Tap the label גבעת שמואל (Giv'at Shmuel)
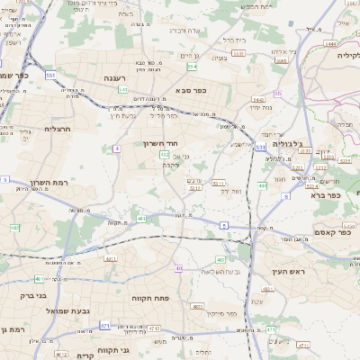click(66, 310)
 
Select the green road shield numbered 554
click(192, 66)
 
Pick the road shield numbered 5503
click(238, 54)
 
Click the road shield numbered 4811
click(112, 258)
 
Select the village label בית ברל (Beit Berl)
click(234, 40)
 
